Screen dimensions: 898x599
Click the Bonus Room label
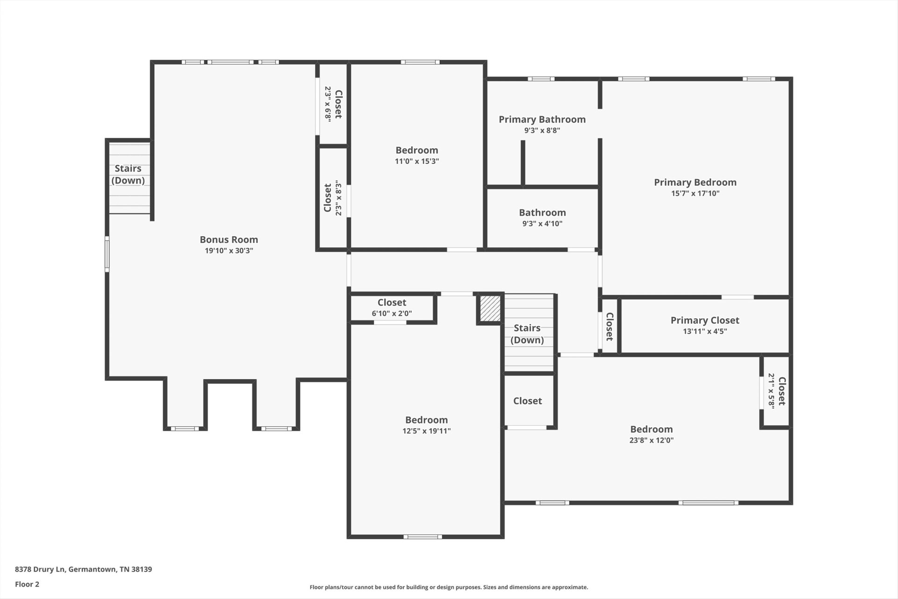click(229, 240)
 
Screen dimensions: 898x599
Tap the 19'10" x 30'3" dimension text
click(229, 251)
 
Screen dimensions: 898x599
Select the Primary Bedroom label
click(695, 183)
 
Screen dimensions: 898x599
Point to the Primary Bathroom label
click(542, 119)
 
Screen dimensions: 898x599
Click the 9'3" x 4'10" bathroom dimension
click(542, 224)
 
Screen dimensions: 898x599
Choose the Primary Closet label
click(705, 321)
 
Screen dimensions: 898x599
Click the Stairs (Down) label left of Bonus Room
click(128, 175)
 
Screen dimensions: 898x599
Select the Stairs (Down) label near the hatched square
click(527, 334)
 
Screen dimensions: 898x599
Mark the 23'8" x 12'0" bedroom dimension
click(652, 440)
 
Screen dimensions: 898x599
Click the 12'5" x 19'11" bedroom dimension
click(427, 431)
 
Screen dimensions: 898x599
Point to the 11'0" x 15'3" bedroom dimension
click(417, 161)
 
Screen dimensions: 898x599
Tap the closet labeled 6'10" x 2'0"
click(392, 308)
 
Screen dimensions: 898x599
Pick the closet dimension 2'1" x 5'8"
click(772, 391)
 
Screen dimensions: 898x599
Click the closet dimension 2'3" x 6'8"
click(328, 104)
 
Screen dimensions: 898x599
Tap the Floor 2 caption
click(27, 584)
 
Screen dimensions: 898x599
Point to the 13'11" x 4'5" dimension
click(705, 332)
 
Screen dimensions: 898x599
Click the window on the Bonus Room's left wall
click(107, 254)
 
